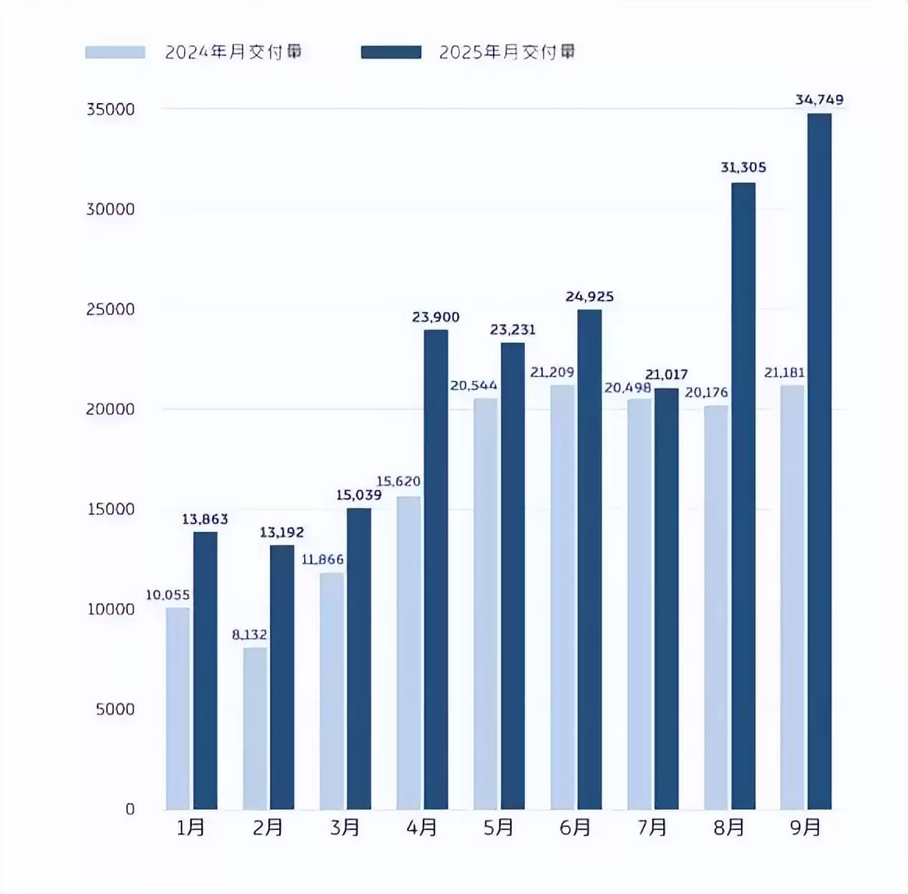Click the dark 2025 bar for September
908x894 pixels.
pos(819,460)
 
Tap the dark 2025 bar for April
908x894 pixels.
pos(435,569)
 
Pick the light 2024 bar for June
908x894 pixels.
pos(562,596)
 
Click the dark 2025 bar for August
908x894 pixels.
pos(743,495)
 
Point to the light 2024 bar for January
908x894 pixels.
pos(178,708)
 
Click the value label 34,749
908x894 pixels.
pos(819,100)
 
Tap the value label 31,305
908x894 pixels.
pos(743,168)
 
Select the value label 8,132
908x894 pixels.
pos(250,635)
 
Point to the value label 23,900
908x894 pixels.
pos(435,318)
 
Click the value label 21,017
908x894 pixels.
pos(666,375)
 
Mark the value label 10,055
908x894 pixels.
pos(168,595)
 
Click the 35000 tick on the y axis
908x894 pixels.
pos(110,109)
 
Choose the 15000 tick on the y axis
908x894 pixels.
pos(110,509)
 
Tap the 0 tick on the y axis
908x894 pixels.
pos(129,809)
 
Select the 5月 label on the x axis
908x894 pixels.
pos(498,828)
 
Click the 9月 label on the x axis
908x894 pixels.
pos(806,828)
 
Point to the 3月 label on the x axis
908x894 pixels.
pos(345,828)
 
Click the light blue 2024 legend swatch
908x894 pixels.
pos(115,52)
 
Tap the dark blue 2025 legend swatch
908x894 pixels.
pos(391,52)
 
